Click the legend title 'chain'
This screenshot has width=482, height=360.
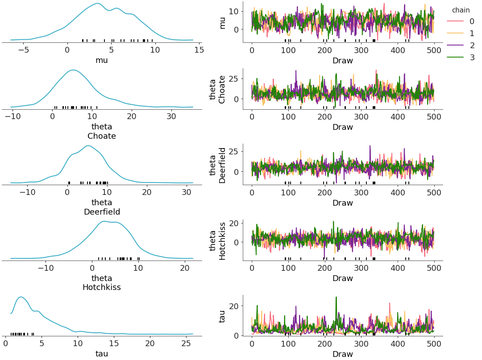(x=461, y=10)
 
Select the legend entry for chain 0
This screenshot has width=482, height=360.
(x=459, y=21)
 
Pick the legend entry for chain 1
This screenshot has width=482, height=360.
(x=459, y=33)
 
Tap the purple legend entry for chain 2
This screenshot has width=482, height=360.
(x=459, y=46)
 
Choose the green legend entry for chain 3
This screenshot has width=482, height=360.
(x=459, y=58)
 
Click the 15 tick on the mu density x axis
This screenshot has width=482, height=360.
(x=199, y=50)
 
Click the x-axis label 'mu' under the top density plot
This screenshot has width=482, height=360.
(x=102, y=60)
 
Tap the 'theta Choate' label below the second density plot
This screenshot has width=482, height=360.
(x=102, y=132)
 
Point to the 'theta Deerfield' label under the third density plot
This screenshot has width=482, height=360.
(x=102, y=207)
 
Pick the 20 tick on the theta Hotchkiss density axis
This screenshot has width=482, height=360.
(x=185, y=268)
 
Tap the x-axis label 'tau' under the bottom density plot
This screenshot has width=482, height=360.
(x=102, y=354)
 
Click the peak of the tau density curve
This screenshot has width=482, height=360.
(x=21, y=297)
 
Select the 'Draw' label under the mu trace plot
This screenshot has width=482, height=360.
(x=342, y=61)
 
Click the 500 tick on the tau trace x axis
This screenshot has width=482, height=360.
(x=434, y=344)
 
